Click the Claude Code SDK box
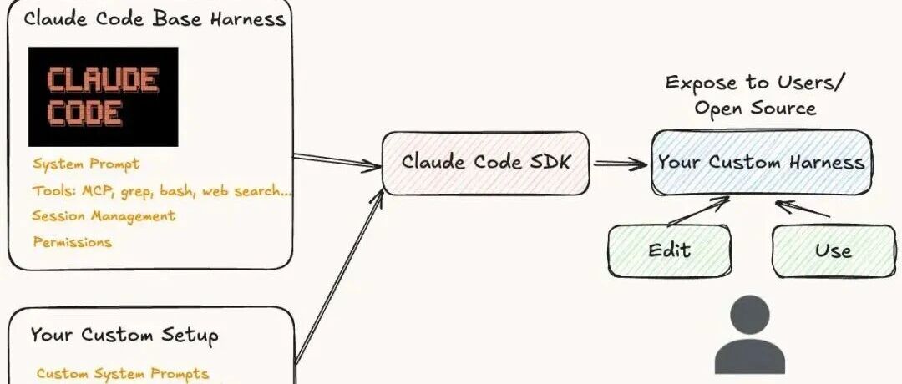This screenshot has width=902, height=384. coord(486,164)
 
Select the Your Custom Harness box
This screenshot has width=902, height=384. coord(761,163)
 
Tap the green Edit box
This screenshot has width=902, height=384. coord(670,250)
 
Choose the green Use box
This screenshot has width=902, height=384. coord(833,250)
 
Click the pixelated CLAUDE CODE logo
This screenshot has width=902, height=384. coord(104,97)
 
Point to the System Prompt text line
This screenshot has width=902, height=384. coord(86,164)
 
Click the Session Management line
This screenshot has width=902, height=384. coord(104,216)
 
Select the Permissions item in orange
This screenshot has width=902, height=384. coord(72,241)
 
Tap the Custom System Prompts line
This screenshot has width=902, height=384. coord(123,374)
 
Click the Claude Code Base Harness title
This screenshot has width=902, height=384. coord(155,18)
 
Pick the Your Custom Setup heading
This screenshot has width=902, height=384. coord(124,335)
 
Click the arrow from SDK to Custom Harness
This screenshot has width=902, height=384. coord(620,164)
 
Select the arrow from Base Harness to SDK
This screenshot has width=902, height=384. coord(337,162)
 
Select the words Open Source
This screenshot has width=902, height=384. coord(755,108)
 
